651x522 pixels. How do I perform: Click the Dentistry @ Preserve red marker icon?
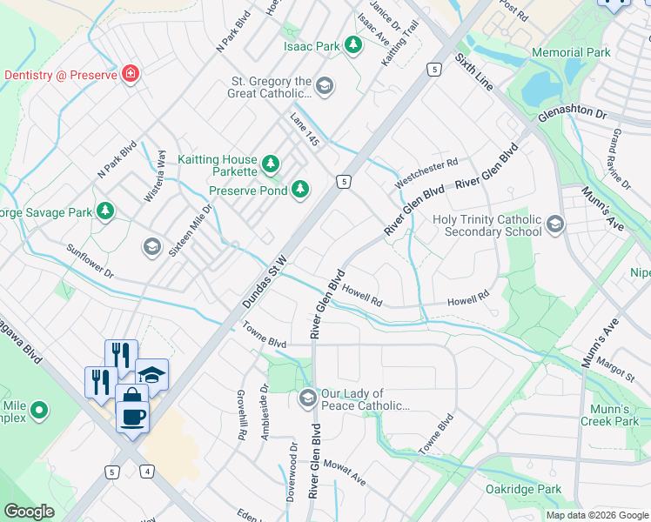coord(130,74)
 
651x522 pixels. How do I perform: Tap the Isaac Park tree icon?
coord(352,44)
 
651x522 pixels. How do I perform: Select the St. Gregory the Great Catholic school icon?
coord(325,84)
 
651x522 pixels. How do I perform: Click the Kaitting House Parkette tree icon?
coord(272,163)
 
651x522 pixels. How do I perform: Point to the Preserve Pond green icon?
coord(300,189)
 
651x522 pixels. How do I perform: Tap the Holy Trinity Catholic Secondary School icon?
coord(554,227)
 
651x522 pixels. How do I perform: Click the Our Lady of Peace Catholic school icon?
coord(306,399)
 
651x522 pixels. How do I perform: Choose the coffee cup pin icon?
coord(132,416)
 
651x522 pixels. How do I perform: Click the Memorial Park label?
coord(571,53)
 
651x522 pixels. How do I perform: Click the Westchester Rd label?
coord(426,172)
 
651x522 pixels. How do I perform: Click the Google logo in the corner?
coord(30,512)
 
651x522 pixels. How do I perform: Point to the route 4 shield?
coord(149,472)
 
